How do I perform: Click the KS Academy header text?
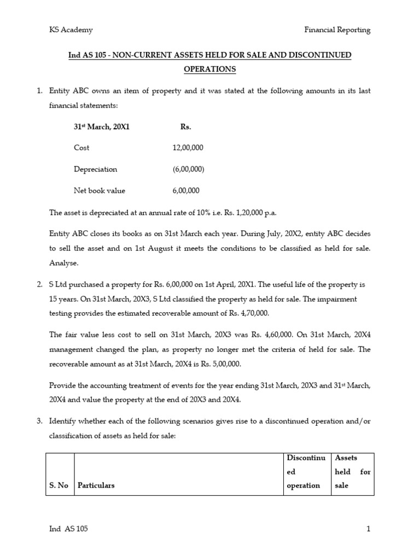71,30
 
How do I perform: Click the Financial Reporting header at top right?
337,30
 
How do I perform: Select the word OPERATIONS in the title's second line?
210,69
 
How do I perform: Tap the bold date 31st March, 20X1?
102,127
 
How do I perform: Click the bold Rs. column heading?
185,127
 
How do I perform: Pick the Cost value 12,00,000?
188,148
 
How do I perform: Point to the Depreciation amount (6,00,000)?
188,169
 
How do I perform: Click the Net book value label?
100,191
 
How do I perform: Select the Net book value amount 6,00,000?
186,191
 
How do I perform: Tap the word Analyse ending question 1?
64,263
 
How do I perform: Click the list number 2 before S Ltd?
39,284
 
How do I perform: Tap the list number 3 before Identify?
39,421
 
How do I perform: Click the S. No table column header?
59,485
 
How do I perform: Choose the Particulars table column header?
96,485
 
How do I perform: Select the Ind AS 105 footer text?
68,528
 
